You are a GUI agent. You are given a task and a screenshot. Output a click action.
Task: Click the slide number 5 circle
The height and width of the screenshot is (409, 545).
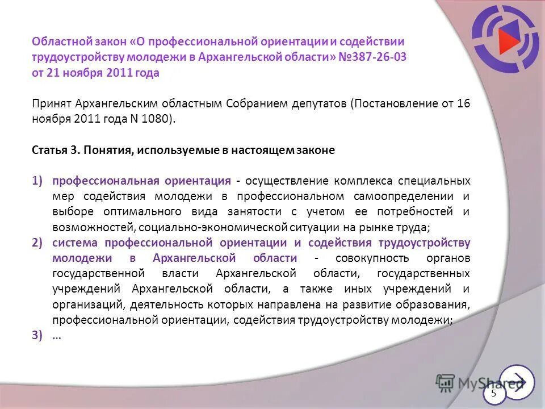point(493,393)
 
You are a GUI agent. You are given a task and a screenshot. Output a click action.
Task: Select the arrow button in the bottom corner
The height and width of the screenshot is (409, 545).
point(517,382)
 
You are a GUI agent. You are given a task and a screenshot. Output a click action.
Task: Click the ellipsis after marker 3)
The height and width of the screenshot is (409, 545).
point(57,335)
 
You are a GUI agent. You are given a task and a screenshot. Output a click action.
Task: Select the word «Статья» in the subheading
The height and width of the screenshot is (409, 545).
point(50,150)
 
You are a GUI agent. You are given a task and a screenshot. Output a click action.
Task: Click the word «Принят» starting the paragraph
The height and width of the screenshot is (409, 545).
point(51,104)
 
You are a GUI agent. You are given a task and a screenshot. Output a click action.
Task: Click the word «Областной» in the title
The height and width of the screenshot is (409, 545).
point(59,41)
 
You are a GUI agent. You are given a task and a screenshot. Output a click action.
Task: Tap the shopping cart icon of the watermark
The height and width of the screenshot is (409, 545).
point(446,383)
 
